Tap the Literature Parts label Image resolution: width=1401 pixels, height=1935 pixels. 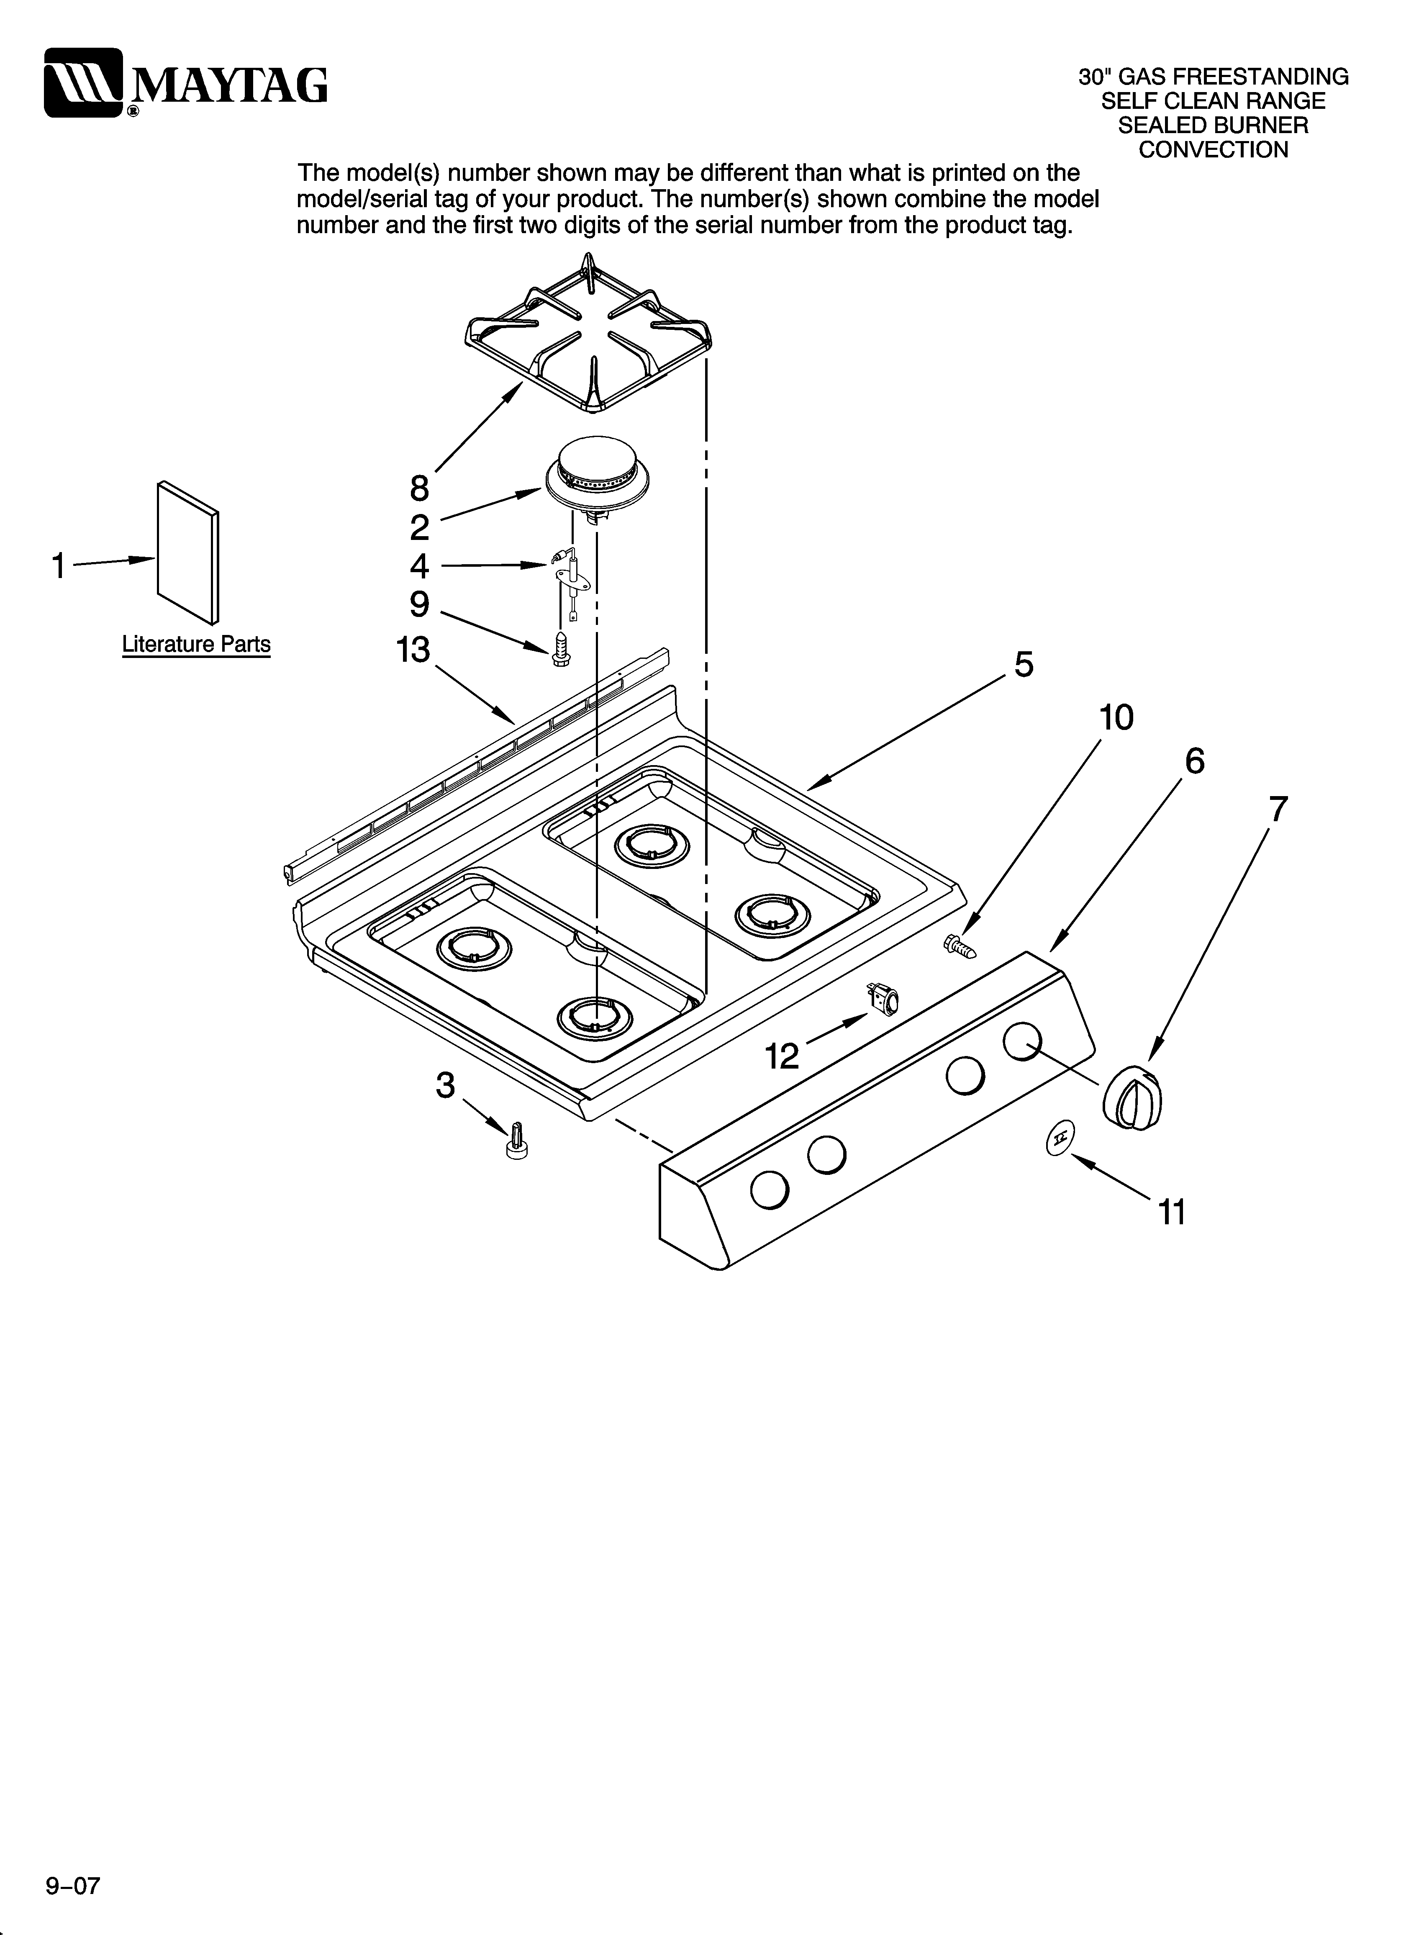196,644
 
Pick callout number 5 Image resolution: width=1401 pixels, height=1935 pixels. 1024,664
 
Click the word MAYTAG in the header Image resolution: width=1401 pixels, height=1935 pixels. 228,85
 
